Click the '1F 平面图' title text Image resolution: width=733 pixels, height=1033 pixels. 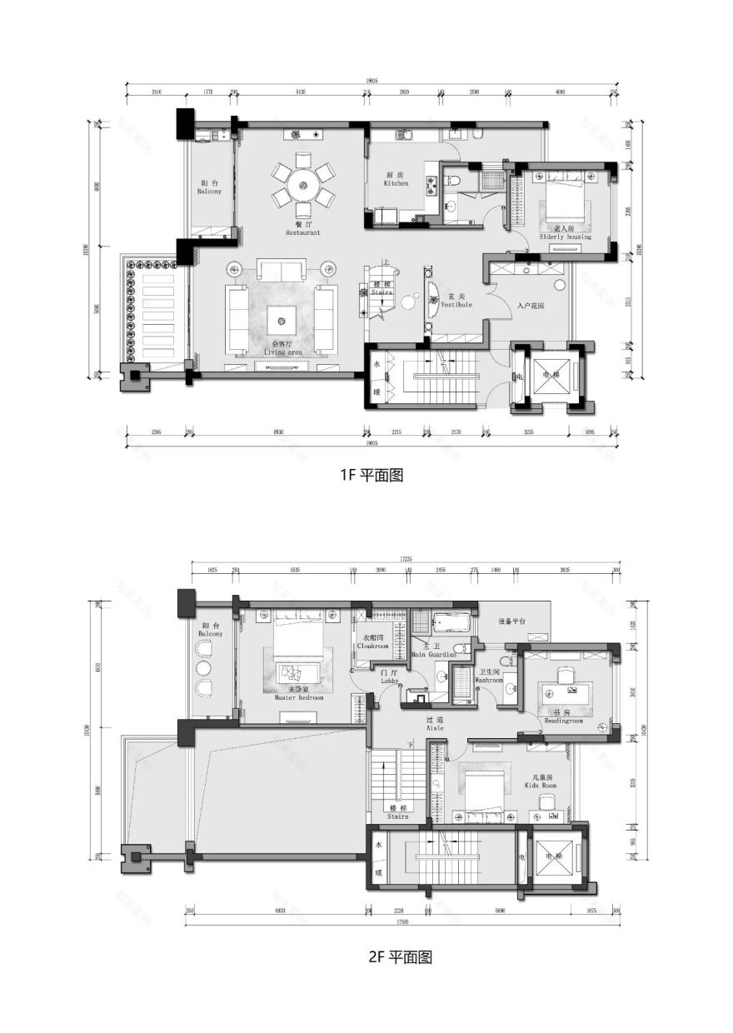click(x=371, y=476)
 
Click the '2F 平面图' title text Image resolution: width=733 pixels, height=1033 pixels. click(x=400, y=957)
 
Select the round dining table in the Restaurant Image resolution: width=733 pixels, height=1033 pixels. click(x=303, y=185)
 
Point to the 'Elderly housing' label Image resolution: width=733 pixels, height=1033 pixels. click(x=565, y=237)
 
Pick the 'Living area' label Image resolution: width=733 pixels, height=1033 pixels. click(x=282, y=353)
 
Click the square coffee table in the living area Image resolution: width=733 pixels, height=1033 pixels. click(x=282, y=317)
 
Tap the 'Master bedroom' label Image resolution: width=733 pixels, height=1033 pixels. click(x=298, y=698)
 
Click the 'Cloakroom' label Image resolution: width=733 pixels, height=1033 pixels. click(x=373, y=646)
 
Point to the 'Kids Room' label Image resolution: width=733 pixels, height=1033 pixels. click(x=540, y=786)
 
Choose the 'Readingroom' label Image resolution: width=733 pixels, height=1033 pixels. click(x=564, y=721)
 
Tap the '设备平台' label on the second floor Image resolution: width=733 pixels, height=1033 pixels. click(x=511, y=621)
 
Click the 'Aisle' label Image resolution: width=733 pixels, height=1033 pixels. click(x=435, y=728)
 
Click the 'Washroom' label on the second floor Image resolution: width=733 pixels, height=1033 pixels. click(x=489, y=680)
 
